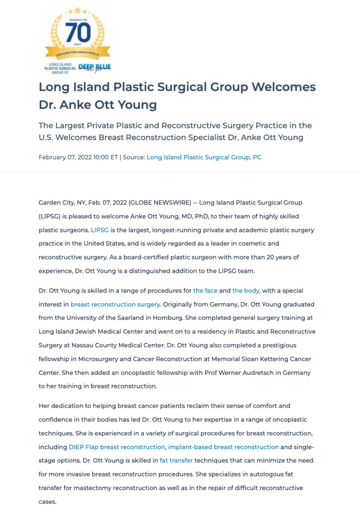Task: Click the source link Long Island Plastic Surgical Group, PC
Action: pyautogui.click(x=204, y=157)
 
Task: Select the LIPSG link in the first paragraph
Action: pyautogui.click(x=99, y=230)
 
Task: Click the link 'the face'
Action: pyautogui.click(x=205, y=290)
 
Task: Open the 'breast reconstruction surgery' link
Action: pyautogui.click(x=115, y=304)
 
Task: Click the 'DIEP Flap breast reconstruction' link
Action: pyautogui.click(x=116, y=446)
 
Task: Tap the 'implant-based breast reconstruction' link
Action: pyautogui.click(x=223, y=446)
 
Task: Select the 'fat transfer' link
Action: pyautogui.click(x=176, y=460)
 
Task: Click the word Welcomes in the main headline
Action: pyautogui.click(x=283, y=87)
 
